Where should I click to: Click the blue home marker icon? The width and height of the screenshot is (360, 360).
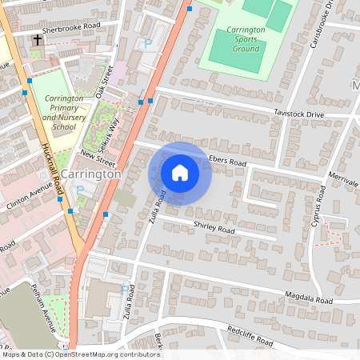click(180, 173)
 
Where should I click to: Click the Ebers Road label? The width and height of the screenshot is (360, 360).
click(228, 160)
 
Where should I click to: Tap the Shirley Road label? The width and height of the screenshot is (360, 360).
click(214, 230)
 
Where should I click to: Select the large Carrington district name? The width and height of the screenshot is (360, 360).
click(90, 174)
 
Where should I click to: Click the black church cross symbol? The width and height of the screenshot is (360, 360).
click(37, 39)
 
